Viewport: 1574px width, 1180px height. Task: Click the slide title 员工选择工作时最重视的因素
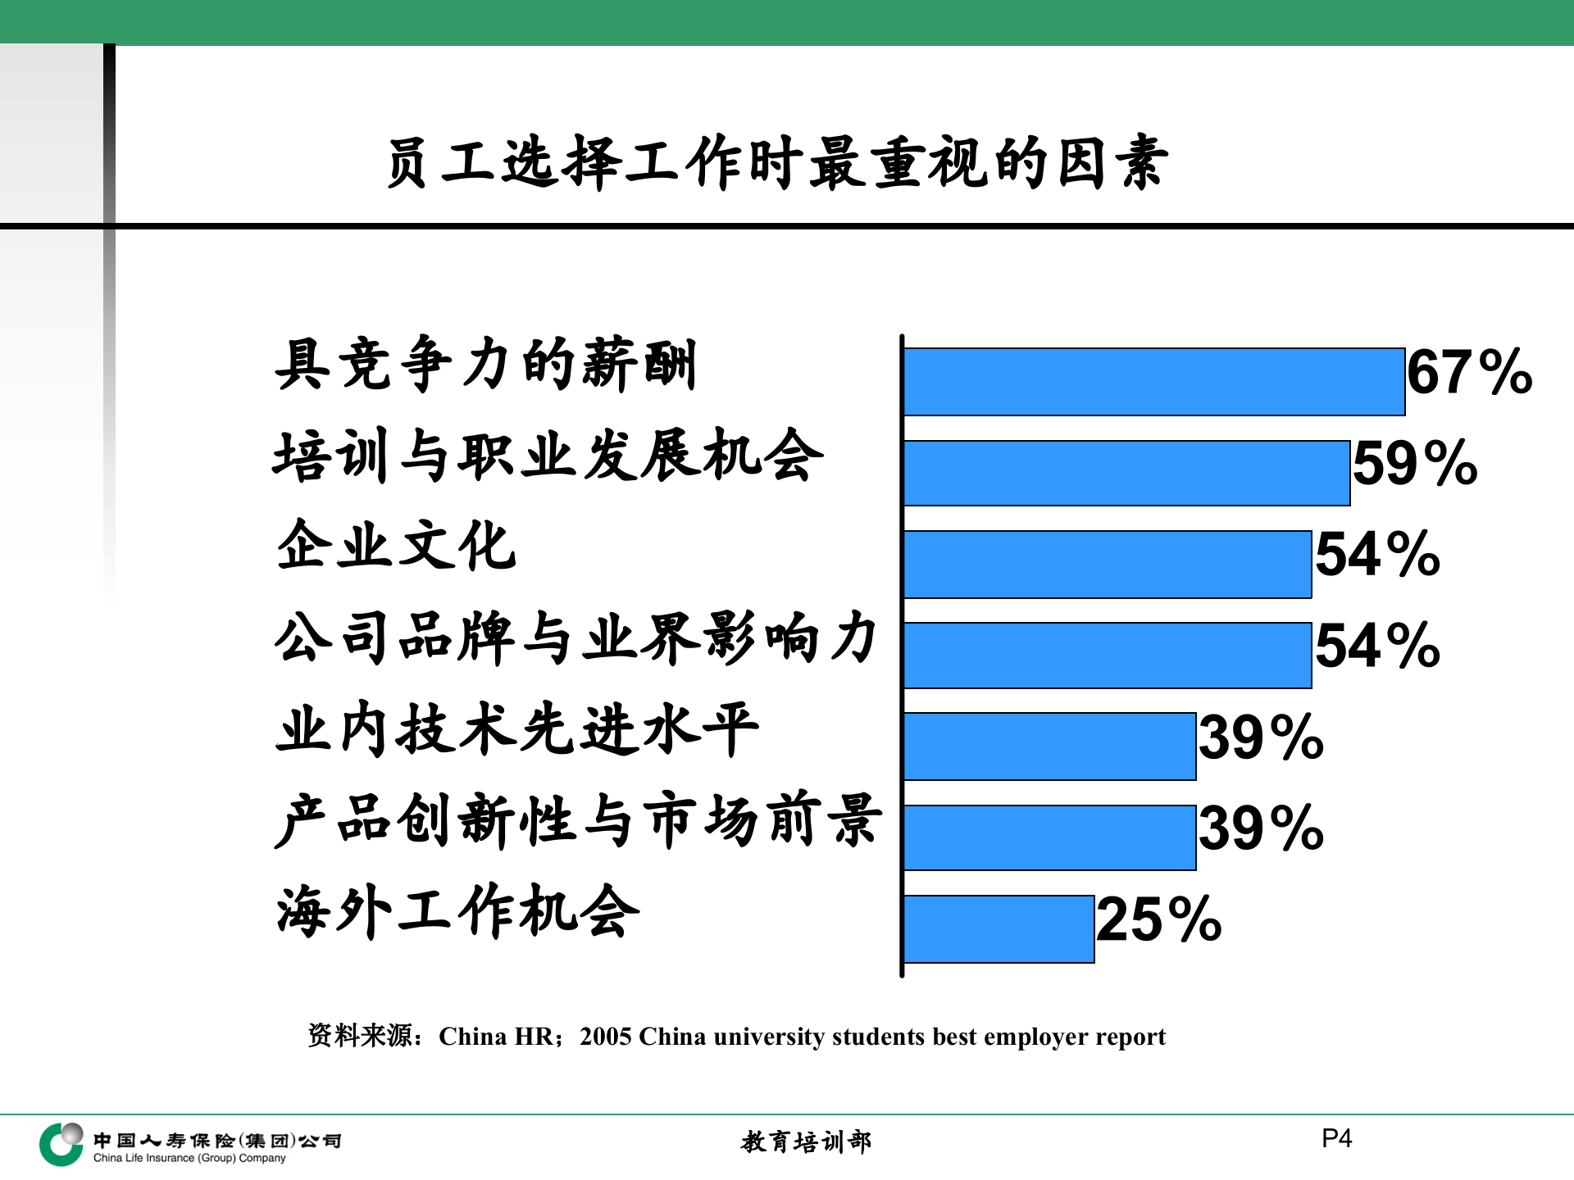(777, 162)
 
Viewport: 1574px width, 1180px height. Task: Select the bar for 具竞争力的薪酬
(1154, 382)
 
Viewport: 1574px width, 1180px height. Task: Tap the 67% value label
(1469, 373)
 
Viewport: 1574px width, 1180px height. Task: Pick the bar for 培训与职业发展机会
(1126, 473)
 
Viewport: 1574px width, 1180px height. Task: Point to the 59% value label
(1415, 464)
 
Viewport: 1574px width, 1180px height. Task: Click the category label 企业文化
(397, 546)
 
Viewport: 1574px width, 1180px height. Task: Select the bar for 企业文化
(1108, 565)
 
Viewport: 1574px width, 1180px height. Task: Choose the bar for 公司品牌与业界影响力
(1108, 656)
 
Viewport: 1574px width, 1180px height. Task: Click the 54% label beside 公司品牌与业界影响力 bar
(1377, 647)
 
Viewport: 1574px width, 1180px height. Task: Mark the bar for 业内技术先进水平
(1049, 747)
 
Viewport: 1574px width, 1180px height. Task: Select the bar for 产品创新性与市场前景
(1049, 837)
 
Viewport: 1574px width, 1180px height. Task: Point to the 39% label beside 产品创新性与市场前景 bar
(1261, 828)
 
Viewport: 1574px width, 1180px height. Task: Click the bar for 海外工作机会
(999, 929)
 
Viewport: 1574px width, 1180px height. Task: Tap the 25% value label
(1158, 920)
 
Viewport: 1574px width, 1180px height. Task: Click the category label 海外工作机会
(457, 911)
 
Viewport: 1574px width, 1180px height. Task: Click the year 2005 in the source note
(606, 1037)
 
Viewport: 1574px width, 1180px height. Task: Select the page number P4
(1336, 1138)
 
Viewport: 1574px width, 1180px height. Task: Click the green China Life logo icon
(61, 1144)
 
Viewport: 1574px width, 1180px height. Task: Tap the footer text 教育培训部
(806, 1141)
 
